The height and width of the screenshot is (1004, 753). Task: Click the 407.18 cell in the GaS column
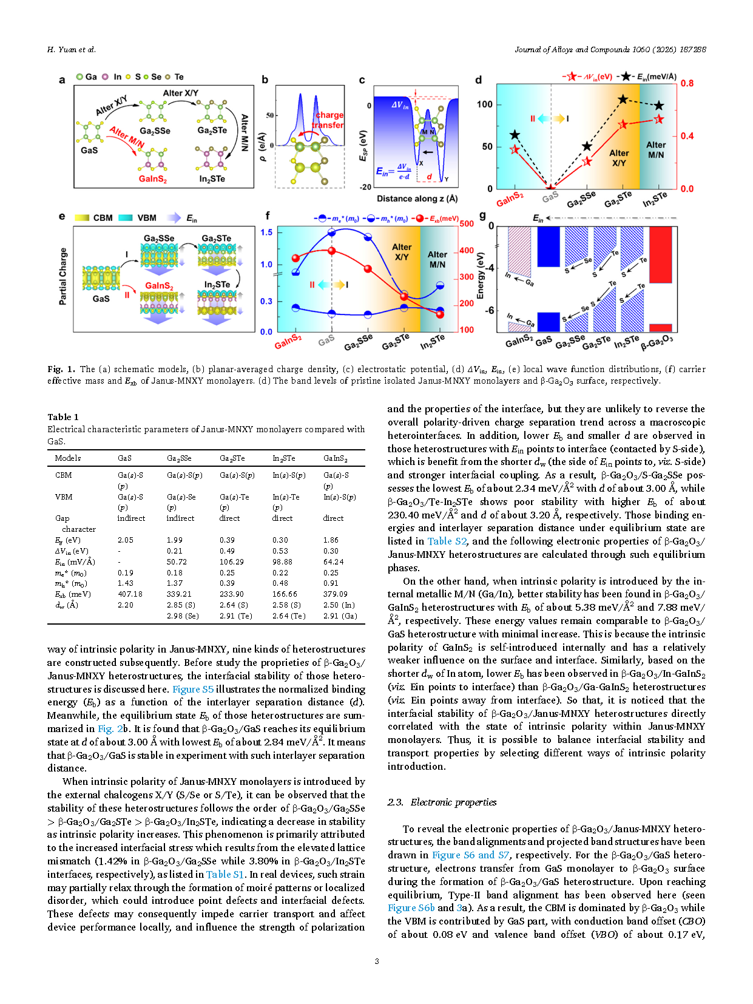[130, 594]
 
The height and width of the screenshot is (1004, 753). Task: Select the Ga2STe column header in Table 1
[232, 458]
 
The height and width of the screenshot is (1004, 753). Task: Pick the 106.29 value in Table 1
[231, 562]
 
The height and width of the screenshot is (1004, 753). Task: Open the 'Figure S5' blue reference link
[193, 690]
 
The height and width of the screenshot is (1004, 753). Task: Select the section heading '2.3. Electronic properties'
[442, 802]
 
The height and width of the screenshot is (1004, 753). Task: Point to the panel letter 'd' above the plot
[479, 80]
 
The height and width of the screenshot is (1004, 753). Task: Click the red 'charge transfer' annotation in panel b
[329, 120]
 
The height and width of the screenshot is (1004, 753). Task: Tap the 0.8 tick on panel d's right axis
[687, 83]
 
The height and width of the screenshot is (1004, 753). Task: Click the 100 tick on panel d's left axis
[485, 104]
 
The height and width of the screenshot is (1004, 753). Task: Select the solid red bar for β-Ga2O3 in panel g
[661, 254]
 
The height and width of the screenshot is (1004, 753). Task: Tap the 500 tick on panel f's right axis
[466, 224]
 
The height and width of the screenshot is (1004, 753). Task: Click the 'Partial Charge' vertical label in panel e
[62, 276]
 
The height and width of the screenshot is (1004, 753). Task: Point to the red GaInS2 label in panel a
[152, 179]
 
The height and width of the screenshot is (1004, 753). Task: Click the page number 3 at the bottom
[377, 961]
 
